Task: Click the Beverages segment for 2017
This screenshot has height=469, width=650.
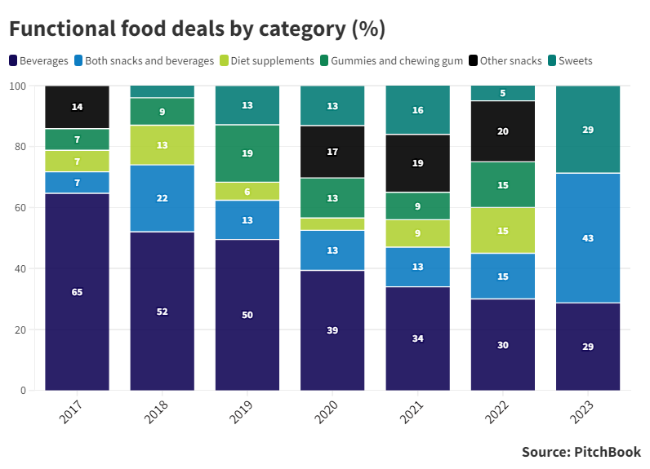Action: tap(77, 292)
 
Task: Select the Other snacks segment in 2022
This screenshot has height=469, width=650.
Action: tap(502, 131)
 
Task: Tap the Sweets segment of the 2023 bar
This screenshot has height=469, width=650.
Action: tap(588, 129)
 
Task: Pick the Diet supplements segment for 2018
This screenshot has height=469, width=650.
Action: tap(162, 145)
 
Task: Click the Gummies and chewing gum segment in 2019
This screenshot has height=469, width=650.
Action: tap(247, 153)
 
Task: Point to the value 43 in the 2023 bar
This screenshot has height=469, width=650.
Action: tap(588, 238)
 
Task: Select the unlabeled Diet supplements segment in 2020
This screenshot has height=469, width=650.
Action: tap(332, 223)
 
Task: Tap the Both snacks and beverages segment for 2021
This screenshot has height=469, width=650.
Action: tap(417, 267)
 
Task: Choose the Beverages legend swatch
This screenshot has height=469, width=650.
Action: tap(14, 61)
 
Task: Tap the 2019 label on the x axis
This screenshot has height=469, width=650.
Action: tap(242, 411)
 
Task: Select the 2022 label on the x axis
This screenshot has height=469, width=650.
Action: tap(496, 411)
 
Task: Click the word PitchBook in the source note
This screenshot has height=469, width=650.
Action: tap(608, 452)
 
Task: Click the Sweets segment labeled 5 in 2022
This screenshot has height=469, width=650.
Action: tap(502, 93)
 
